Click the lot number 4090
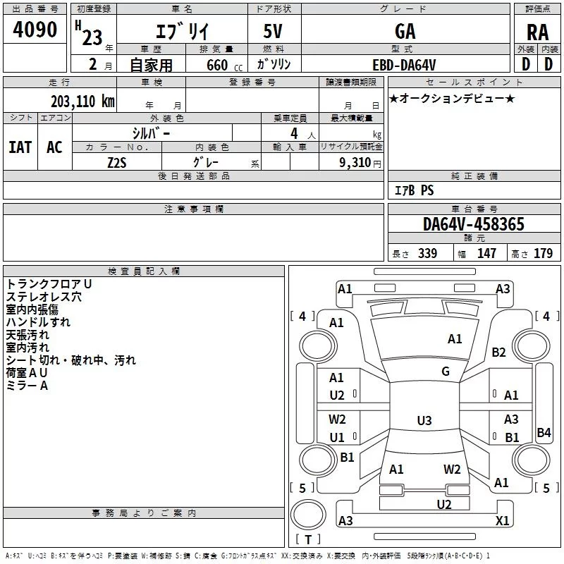point(35,30)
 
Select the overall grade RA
point(538,32)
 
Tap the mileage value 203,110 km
point(82,102)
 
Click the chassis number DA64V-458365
point(474,224)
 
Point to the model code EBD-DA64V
point(404,65)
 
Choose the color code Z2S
point(117,163)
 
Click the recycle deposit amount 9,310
point(355,163)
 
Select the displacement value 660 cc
point(224,66)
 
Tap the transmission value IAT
point(20,147)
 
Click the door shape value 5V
point(273,31)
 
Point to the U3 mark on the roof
point(424,420)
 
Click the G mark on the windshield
point(446,372)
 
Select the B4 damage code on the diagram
point(544,432)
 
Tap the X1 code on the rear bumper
point(502,520)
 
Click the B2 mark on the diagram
point(498,352)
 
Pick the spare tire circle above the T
point(308,515)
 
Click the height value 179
point(543,253)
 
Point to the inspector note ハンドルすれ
point(38,322)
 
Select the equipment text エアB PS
point(415,190)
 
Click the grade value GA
point(405,31)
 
